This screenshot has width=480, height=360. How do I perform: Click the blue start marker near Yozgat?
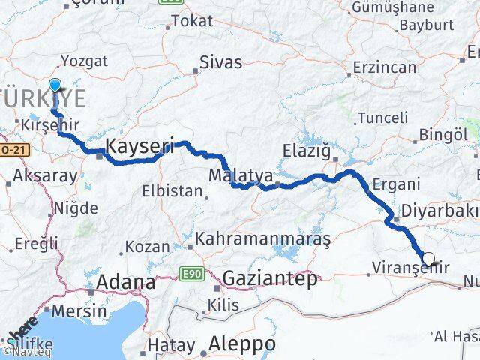point(55,85)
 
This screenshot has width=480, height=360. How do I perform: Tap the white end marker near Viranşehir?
point(428,259)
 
